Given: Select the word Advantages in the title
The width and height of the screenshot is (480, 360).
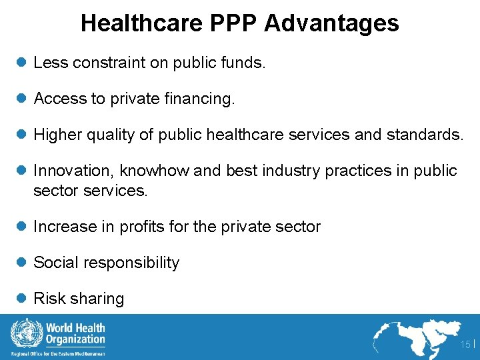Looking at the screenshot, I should [x=331, y=23].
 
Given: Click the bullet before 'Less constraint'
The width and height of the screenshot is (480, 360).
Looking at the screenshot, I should [x=21, y=63].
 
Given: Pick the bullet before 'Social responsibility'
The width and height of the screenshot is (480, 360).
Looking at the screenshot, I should [x=21, y=263].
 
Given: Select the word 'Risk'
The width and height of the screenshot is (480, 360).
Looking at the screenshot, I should [x=48, y=299].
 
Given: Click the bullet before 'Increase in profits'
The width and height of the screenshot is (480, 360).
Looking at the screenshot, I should [x=21, y=227].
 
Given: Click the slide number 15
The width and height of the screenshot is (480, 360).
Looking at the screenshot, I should [x=465, y=344].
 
